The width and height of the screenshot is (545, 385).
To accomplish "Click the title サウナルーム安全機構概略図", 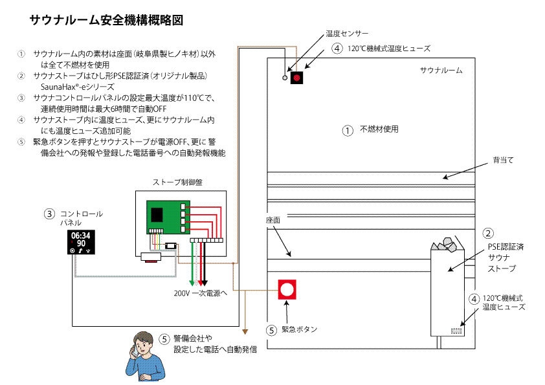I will [106, 20].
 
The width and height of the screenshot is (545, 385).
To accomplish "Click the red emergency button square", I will [287, 290].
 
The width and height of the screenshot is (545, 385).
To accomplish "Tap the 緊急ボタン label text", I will [299, 329].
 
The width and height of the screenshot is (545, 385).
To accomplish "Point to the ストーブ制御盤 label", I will [178, 182].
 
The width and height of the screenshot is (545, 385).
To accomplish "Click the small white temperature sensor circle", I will [284, 78].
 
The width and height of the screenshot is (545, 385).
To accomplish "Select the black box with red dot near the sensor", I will [297, 78].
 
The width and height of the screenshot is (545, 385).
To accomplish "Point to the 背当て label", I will [502, 159].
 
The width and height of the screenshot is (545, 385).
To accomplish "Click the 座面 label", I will [272, 220].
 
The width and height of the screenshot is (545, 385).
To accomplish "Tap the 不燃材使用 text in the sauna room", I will [379, 129].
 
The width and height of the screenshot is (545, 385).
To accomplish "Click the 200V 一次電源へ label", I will [200, 292].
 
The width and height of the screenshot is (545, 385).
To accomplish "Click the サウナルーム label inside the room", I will [441, 70].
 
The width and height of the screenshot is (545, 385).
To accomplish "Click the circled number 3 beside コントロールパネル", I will [49, 214].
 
